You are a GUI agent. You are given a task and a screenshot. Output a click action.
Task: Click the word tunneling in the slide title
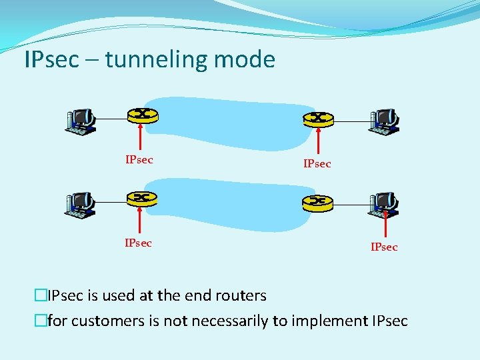point(157,60)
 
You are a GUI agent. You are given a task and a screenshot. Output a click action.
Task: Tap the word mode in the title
point(245,60)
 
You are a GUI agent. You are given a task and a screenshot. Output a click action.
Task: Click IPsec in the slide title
point(51,60)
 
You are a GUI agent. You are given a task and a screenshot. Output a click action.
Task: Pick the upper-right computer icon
point(384,121)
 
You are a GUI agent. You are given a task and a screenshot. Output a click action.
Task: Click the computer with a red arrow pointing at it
point(385,205)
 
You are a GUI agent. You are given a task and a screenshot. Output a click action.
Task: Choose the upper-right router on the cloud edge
point(319,118)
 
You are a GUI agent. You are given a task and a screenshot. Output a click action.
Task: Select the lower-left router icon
point(141,198)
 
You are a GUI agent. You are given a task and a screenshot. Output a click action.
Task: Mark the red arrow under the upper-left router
point(140,137)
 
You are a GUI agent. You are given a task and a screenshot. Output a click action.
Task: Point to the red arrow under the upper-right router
point(319,141)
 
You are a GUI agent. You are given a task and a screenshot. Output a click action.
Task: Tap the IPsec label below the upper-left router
point(139,159)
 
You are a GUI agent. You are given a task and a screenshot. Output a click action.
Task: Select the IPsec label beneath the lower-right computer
point(384,247)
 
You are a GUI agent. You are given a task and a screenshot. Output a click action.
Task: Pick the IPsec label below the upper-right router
point(317,163)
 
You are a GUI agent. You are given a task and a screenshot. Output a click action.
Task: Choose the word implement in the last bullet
point(331,321)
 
